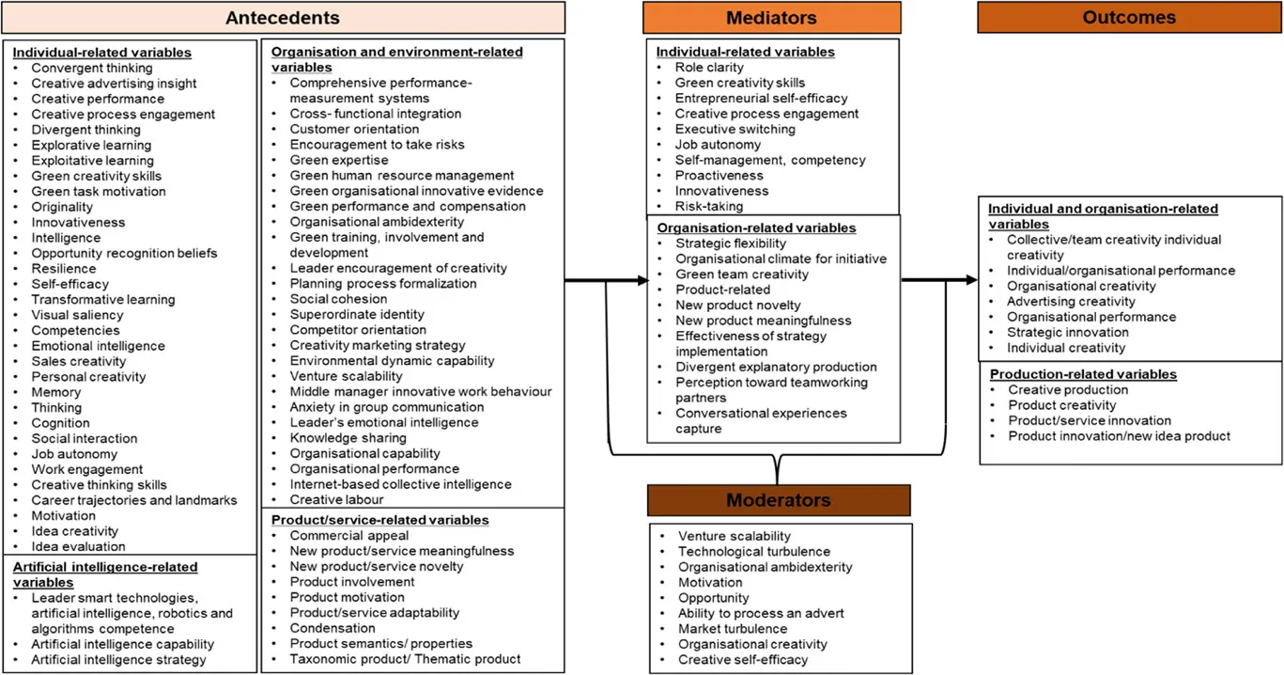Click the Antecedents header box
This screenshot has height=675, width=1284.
point(283,18)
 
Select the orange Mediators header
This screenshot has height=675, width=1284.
point(771,18)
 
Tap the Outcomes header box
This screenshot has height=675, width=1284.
point(1128,18)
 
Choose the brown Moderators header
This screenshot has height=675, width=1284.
point(779,500)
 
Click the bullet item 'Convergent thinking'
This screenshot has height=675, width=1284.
point(92,68)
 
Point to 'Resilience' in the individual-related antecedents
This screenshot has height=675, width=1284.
point(64,269)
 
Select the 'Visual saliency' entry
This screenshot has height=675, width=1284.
point(77,315)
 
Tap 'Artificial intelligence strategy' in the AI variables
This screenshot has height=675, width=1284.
point(118,660)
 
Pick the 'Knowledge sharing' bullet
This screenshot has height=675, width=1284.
point(348,438)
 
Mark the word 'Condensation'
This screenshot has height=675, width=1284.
point(333,628)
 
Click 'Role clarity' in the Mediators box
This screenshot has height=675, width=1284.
point(709,68)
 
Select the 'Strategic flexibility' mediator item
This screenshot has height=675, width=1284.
point(731,243)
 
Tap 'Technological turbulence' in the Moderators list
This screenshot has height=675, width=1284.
point(754,552)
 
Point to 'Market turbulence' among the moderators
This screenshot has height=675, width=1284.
point(733,629)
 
